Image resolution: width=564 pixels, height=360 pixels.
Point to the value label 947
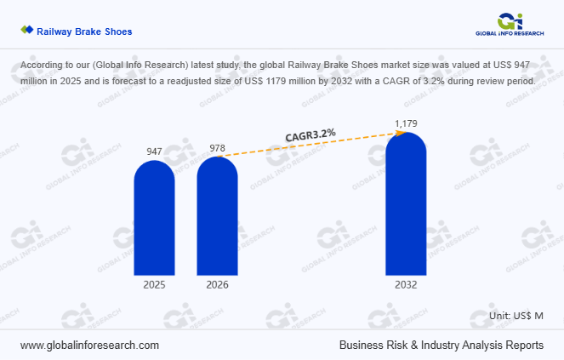(154, 151)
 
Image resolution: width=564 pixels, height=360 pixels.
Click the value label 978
(217, 148)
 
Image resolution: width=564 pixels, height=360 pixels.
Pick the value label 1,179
(406, 124)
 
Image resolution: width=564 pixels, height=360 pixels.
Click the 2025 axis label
(154, 285)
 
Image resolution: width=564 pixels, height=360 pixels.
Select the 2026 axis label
(217, 285)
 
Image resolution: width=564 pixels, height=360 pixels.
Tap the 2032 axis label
(406, 285)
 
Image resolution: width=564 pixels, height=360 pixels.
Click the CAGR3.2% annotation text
(309, 134)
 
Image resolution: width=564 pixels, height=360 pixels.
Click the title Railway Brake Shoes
(84, 31)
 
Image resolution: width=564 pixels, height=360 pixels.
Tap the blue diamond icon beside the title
(26, 31)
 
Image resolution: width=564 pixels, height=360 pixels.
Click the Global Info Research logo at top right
(510, 23)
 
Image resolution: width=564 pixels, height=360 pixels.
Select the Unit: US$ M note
(516, 316)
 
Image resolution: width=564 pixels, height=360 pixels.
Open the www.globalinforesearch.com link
(89, 346)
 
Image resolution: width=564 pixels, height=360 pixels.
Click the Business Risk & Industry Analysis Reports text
(441, 346)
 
